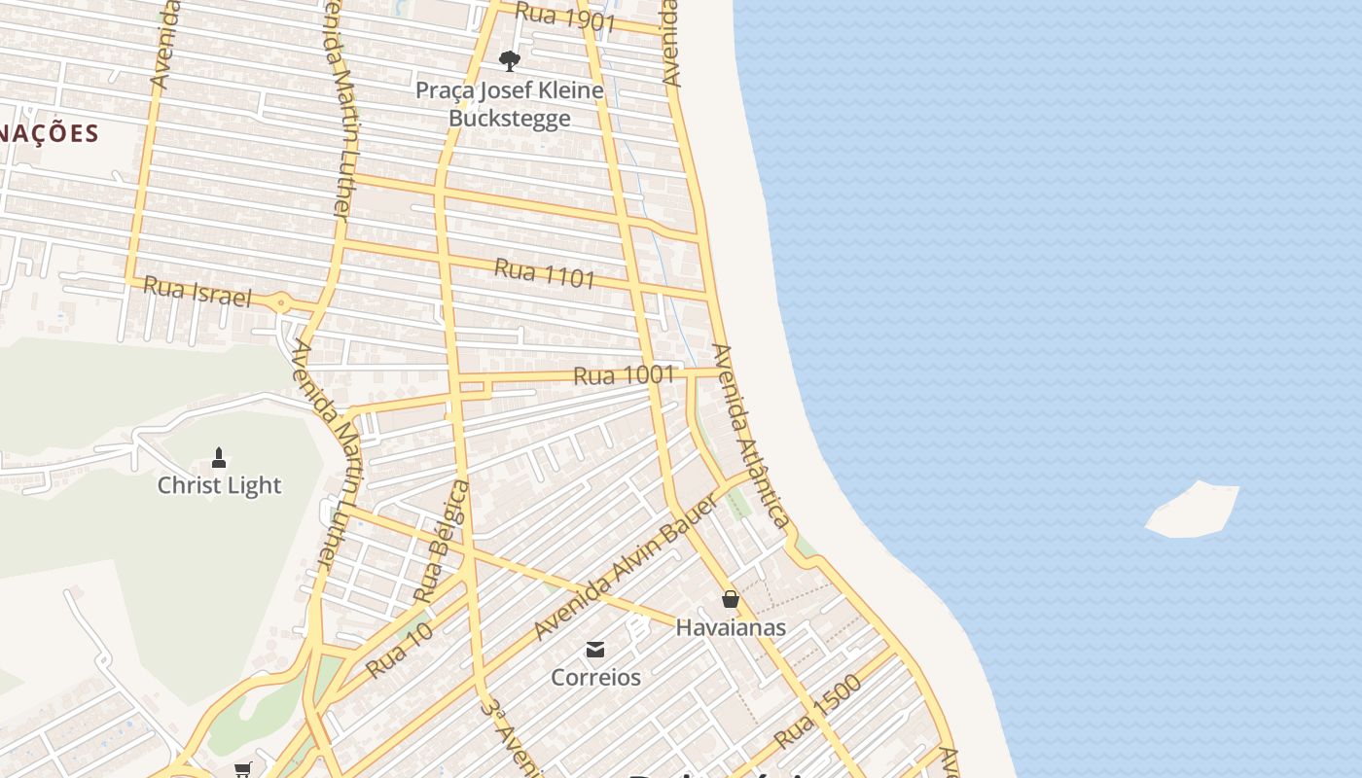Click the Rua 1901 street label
[565, 17]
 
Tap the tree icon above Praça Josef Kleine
[509, 61]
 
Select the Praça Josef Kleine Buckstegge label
[509, 104]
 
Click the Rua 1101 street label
[545, 273]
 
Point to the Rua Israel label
[197, 291]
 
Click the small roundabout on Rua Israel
[281, 303]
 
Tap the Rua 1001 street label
[624, 374]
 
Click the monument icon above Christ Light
[219, 457]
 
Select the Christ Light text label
[219, 485]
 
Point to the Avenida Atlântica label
[750, 435]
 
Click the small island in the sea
[1193, 509]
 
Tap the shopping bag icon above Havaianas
[731, 599]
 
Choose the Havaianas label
[731, 627]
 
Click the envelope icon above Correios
[595, 650]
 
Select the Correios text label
[595, 677]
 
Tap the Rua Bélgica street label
[442, 541]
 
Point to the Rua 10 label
[399, 651]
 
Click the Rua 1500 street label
[818, 713]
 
